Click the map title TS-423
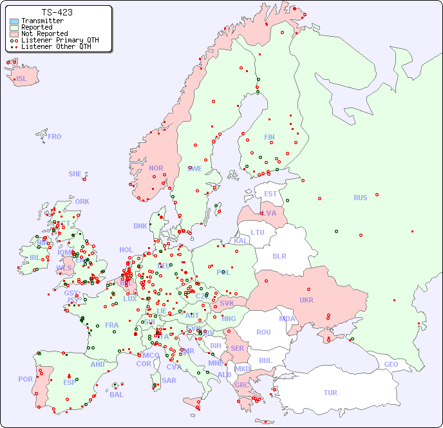coord(57,12)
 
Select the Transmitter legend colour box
coord(14,21)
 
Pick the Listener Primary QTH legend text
coord(60,40)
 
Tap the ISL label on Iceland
coord(22,79)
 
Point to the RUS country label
coord(360,198)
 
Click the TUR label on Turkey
coord(330,393)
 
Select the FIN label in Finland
coord(269,137)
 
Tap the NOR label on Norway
coord(156,168)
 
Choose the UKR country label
coord(306,300)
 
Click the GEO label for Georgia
coord(391,364)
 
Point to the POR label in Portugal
coord(25,379)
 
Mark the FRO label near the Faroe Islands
coord(55,136)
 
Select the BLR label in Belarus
coord(279,256)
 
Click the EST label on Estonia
coord(270,194)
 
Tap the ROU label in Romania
coord(263,332)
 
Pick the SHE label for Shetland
coord(75,174)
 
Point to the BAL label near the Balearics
coord(116,395)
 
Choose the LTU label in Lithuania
coord(258,232)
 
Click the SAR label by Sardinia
coord(169,380)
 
